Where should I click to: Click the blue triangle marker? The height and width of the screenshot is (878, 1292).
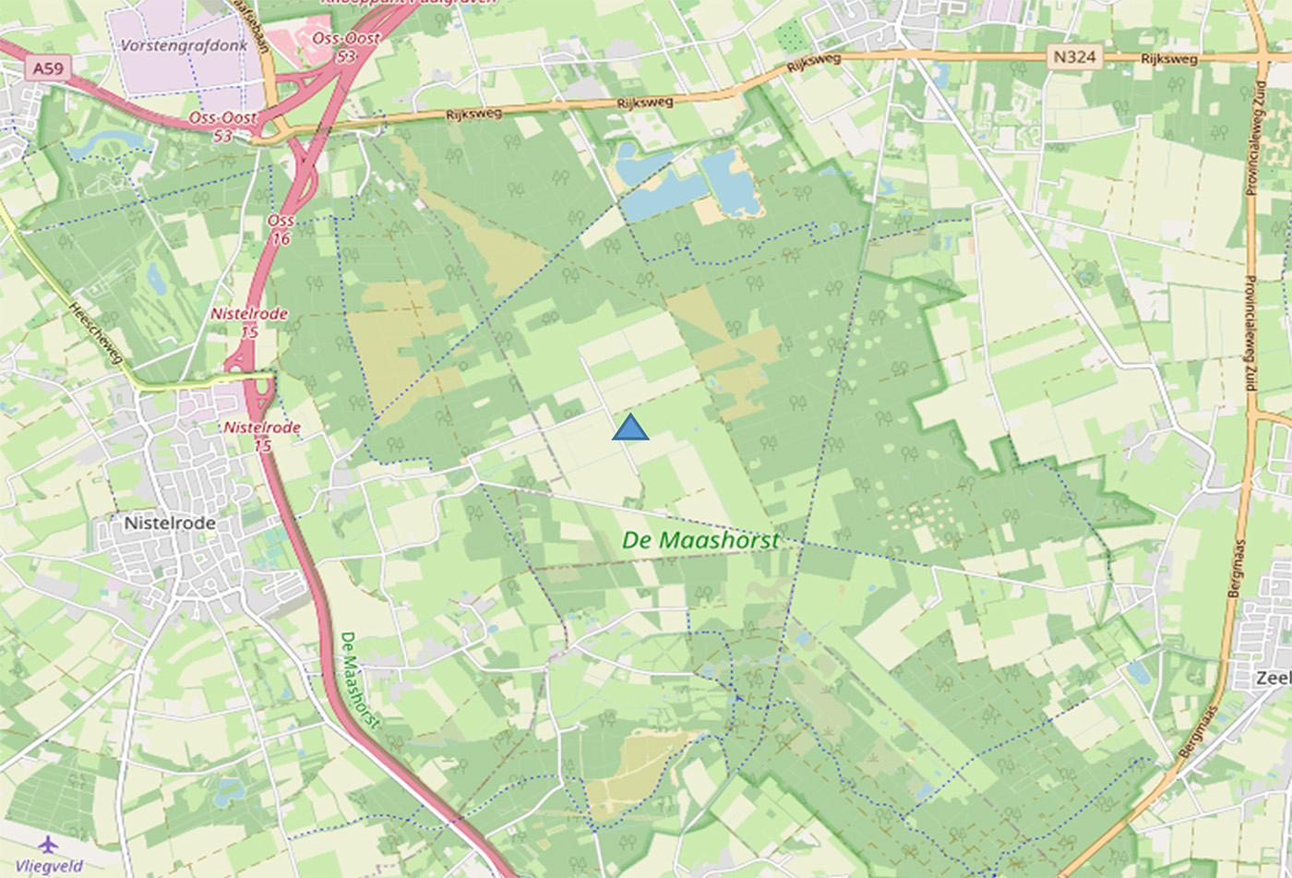click(x=630, y=428)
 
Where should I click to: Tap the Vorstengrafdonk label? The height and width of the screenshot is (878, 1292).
click(x=184, y=45)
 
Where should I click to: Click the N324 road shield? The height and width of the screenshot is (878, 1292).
click(x=1075, y=58)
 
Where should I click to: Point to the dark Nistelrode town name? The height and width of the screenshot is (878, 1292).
click(x=170, y=523)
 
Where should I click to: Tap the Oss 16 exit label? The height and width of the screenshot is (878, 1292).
click(x=281, y=230)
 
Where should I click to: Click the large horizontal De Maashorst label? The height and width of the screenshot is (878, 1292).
click(x=700, y=540)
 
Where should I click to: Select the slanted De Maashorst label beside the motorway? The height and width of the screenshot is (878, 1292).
click(x=359, y=680)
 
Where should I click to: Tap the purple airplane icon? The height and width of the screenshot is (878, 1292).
click(x=48, y=844)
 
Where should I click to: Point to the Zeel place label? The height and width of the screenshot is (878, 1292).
click(x=1274, y=678)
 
